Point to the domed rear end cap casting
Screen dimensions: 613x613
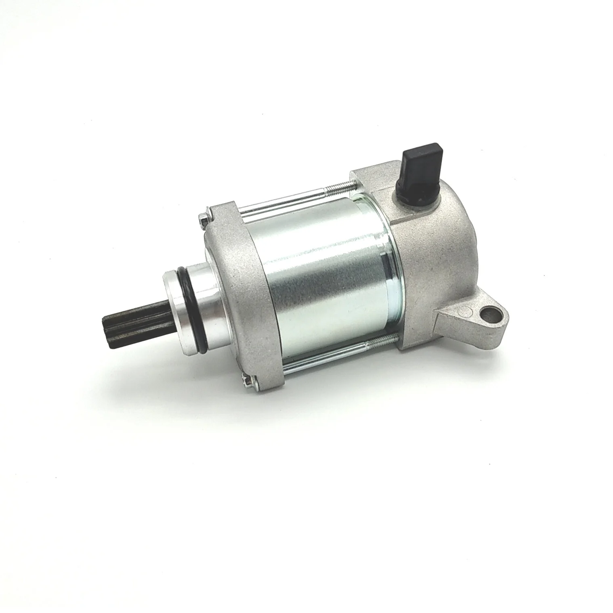point(436,250)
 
